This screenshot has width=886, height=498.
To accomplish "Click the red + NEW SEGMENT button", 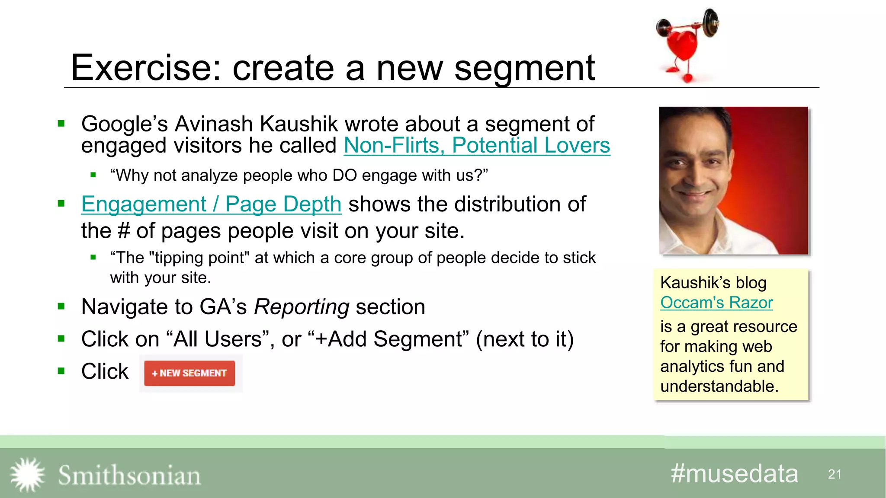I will coord(189,373).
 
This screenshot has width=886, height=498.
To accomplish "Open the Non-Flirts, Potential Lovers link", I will coord(477,146).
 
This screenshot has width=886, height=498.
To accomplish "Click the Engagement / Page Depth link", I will coord(211,204).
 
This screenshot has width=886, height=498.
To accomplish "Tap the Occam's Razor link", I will coord(716,303).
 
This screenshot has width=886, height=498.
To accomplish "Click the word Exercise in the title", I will coord(145,68).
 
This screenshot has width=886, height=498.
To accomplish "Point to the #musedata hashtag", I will coord(734,474).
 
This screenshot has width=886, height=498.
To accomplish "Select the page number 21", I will coord(835,474).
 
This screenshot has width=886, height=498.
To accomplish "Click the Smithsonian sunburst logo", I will coord(27,475).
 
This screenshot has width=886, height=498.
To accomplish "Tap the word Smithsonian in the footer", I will coord(129,476).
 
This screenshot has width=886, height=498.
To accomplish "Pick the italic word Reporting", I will coord(302,307).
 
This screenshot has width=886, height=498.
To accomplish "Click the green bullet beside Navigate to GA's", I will coord(61,307).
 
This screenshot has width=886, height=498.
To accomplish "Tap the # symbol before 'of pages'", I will coord(124,231).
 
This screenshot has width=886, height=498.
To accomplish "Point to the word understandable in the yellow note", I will coord(719,386).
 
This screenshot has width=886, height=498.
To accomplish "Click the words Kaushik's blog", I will coord(713,283).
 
